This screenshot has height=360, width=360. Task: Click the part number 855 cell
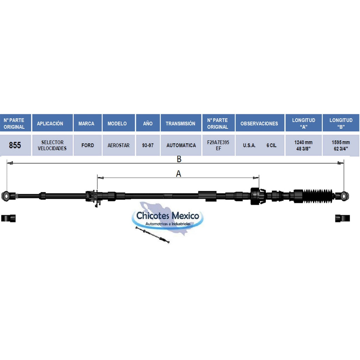tap(15, 145)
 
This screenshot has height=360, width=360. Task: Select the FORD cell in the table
tap(88, 145)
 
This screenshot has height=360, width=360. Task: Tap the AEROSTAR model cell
tap(118, 145)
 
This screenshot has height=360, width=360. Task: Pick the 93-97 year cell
tap(148, 145)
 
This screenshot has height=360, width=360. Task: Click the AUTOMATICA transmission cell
tap(181, 145)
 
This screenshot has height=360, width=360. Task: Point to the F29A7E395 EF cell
tap(218, 145)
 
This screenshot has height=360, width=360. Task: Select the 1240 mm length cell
tap(303, 145)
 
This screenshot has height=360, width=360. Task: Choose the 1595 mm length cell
tap(341, 145)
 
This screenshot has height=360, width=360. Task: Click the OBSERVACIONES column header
tap(259, 123)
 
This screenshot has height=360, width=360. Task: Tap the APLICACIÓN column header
tap(50, 123)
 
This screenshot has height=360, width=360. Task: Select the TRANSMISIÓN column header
tap(180, 123)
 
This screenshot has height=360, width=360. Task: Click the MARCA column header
tap(86, 123)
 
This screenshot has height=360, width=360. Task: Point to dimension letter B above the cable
tap(179, 159)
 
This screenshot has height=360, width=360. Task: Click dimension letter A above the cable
tap(179, 174)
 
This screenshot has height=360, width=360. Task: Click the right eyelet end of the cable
tap(344, 195)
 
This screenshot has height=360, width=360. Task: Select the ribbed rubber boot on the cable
tap(318, 196)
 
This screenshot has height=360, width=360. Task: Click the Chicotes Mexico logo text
tap(168, 216)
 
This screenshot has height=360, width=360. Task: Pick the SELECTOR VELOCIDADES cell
tap(52, 145)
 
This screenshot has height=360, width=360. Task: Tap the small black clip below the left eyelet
tap(8, 218)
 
